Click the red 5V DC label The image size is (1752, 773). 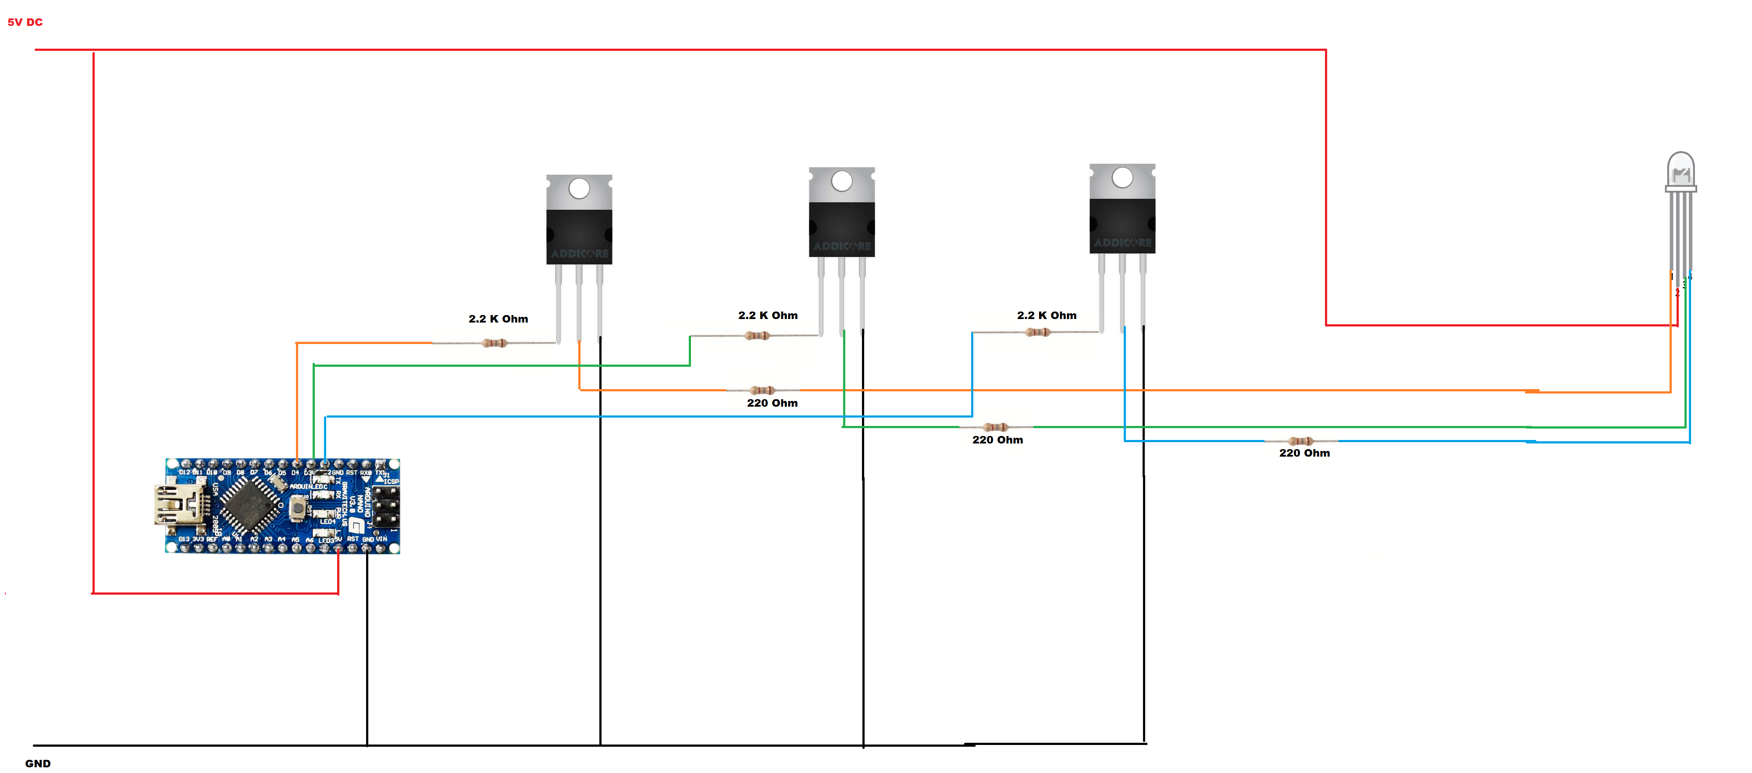tap(25, 22)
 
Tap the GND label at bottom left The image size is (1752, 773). tap(38, 763)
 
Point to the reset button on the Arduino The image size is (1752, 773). tap(297, 507)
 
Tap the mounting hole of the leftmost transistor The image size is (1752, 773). tap(579, 188)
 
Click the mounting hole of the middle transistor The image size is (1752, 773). tap(841, 181)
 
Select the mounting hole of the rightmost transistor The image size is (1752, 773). tap(1122, 177)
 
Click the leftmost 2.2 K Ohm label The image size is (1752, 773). tap(498, 319)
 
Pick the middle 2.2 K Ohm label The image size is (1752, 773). tap(768, 316)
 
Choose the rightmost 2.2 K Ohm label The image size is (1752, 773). tap(1047, 316)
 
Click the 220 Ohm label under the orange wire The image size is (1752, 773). tap(772, 403)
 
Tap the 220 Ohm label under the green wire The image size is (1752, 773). tap(997, 440)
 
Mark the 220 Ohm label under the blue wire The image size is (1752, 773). tap(1304, 453)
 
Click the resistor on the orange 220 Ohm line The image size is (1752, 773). tap(762, 390)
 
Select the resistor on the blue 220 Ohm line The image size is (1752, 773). tap(1300, 441)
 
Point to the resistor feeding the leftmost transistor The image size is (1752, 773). tap(495, 343)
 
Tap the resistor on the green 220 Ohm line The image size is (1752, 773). tap(996, 427)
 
